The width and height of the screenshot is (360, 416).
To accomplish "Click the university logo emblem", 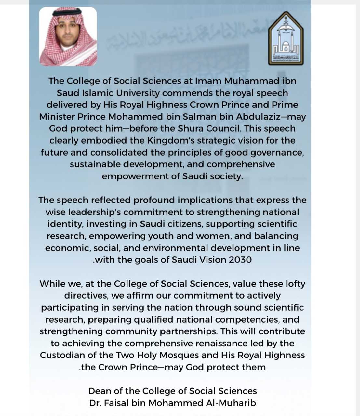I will (x=286, y=38).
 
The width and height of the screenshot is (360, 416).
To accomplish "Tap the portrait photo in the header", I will (x=68, y=36).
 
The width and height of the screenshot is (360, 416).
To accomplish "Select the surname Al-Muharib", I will (x=231, y=403).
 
